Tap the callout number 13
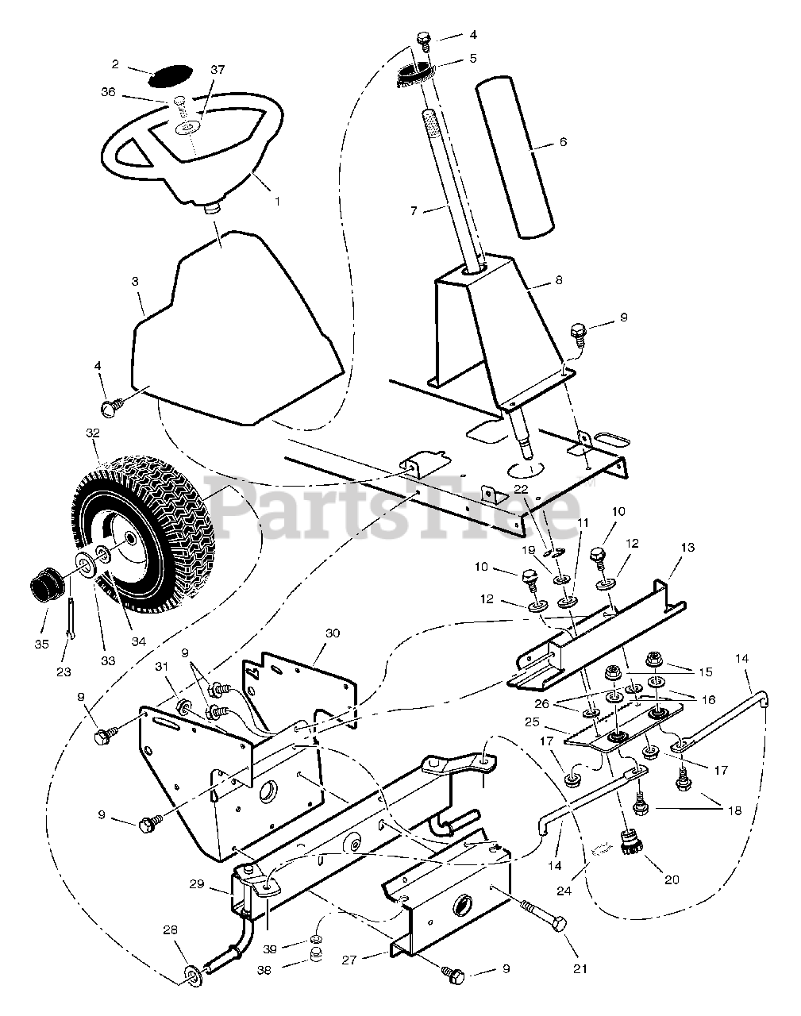pyautogui.click(x=687, y=548)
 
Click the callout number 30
pyautogui.click(x=332, y=633)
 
